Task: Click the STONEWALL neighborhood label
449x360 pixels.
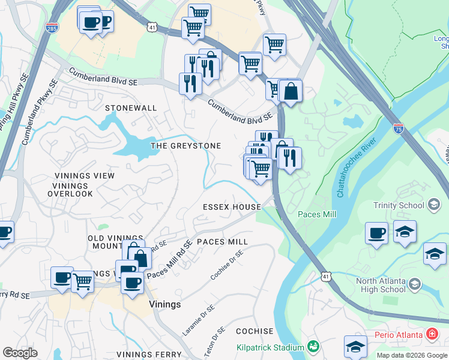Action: click(x=130, y=108)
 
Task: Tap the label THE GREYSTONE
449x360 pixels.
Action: click(x=185, y=146)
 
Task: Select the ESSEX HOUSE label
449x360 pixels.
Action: click(x=232, y=207)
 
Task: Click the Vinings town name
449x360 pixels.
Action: click(x=164, y=304)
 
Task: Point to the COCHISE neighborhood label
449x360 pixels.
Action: click(x=255, y=331)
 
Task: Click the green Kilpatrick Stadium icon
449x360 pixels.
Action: click(x=312, y=347)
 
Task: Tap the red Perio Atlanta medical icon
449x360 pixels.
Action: click(x=431, y=334)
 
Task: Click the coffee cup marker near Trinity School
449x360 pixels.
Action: click(x=376, y=233)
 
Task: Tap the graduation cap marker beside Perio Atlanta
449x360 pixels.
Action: click(x=355, y=347)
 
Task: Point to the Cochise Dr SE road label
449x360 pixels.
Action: click(x=227, y=265)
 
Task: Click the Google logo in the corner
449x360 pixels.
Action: click(x=20, y=353)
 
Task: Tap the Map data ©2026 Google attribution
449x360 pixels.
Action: click(x=412, y=355)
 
